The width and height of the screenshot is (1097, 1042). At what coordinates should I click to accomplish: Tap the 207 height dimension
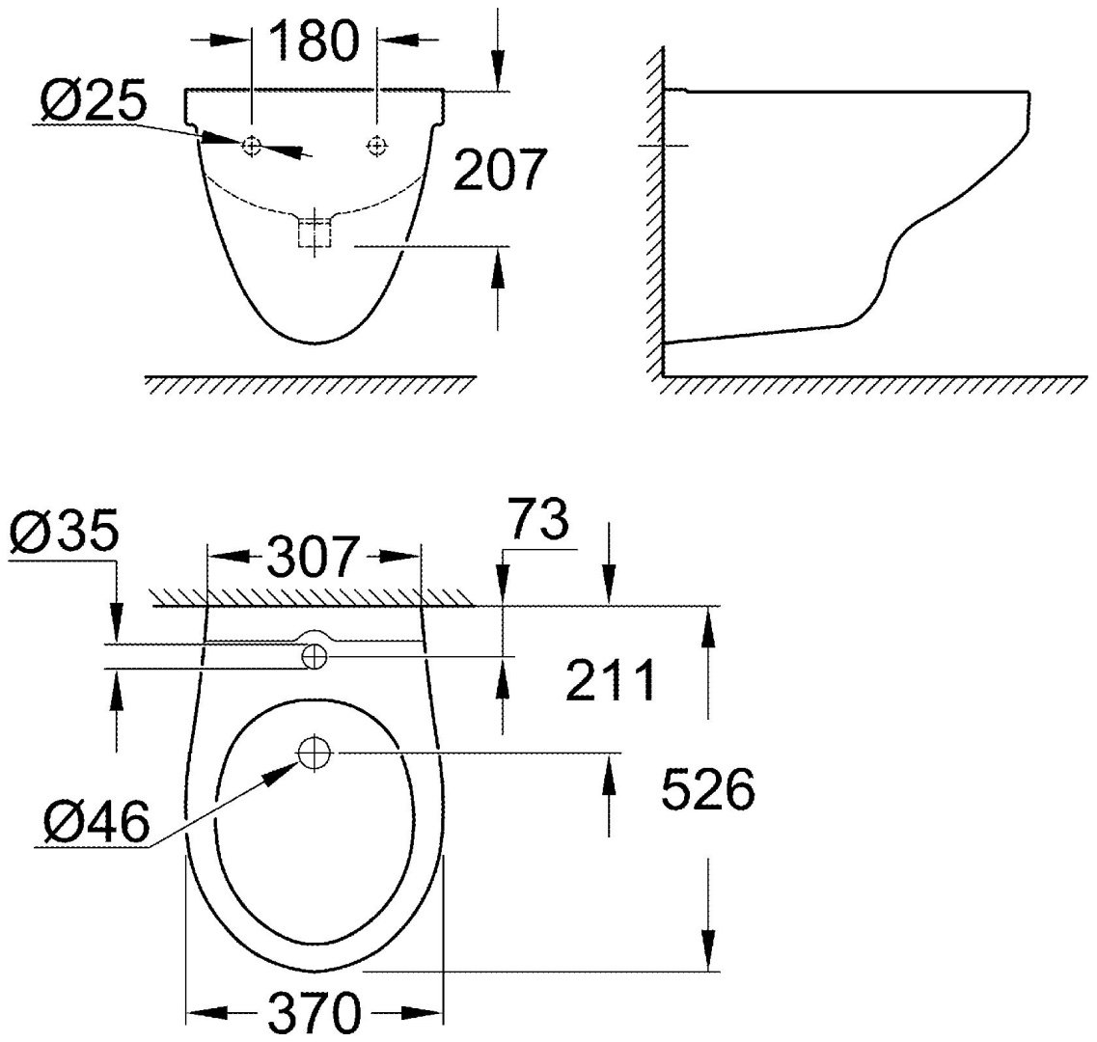[x=500, y=170]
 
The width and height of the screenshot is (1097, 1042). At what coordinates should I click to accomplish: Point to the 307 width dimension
[x=315, y=557]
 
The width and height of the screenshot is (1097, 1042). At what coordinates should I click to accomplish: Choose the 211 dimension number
[x=610, y=681]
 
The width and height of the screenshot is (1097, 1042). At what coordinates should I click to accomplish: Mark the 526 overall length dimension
[x=706, y=791]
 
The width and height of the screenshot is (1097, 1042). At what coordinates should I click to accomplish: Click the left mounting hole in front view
[x=252, y=146]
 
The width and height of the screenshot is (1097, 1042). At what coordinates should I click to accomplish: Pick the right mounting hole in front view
[x=376, y=146]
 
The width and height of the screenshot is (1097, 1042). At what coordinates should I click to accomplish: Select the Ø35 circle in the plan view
[x=315, y=656]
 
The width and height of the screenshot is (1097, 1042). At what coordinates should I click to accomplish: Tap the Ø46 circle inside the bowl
[x=314, y=753]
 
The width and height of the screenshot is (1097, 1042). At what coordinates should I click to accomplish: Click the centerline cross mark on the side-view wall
[x=664, y=146]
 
